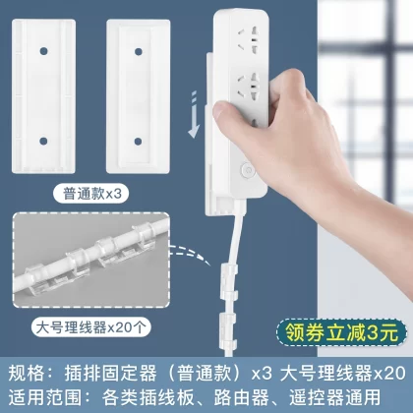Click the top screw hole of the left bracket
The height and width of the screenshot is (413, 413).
[x=43, y=51]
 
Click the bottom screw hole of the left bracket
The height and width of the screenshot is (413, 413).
[x=43, y=141]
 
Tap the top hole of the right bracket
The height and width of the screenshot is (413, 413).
[x=139, y=51]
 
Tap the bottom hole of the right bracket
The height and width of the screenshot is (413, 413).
[x=138, y=142]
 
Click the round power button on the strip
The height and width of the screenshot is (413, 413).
[x=247, y=170]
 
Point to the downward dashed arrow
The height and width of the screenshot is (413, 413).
[x=194, y=115]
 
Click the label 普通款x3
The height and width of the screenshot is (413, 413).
[x=91, y=194]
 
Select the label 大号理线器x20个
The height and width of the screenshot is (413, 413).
[x=90, y=327]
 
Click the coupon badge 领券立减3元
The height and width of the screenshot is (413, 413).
[x=342, y=333]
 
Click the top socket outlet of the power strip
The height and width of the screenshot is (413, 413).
[x=249, y=40]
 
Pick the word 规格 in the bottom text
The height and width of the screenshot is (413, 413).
[x=27, y=373]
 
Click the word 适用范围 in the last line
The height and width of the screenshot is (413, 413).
[x=44, y=397]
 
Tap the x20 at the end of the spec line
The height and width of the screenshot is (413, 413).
[x=389, y=373]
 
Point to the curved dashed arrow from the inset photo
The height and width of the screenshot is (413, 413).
[x=189, y=254]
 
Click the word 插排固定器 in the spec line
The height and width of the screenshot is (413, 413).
[x=110, y=373]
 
